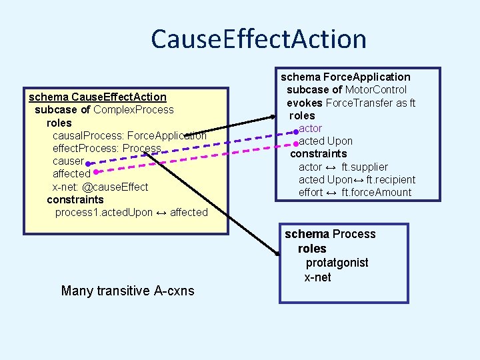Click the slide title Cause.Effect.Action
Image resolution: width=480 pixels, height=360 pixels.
[258, 39]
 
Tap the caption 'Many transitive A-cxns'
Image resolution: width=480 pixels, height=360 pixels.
[127, 290]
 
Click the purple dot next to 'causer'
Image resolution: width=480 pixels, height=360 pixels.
[88, 162]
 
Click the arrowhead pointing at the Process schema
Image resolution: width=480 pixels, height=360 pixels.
[277, 252]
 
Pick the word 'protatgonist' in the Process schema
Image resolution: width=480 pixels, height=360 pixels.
[337, 263]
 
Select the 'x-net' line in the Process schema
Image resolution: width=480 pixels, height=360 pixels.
[317, 277]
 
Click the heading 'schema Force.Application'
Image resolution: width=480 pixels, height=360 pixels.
[345, 77]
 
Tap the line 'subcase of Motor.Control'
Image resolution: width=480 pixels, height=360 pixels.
[347, 90]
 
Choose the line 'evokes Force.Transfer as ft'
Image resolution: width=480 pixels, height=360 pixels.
[351, 103]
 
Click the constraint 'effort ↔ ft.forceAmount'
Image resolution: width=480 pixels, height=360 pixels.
[355, 193]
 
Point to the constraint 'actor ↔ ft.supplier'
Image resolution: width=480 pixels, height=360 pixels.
[343, 167]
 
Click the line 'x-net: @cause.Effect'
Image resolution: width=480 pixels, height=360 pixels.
[100, 187]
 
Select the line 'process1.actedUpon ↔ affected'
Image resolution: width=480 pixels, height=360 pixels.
[131, 213]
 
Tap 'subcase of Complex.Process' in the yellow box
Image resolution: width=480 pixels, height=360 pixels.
[104, 109]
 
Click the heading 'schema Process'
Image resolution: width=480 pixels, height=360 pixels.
[330, 234]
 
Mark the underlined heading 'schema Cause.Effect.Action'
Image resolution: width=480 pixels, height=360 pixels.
[97, 97]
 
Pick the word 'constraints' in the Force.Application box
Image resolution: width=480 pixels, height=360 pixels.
[318, 154]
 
